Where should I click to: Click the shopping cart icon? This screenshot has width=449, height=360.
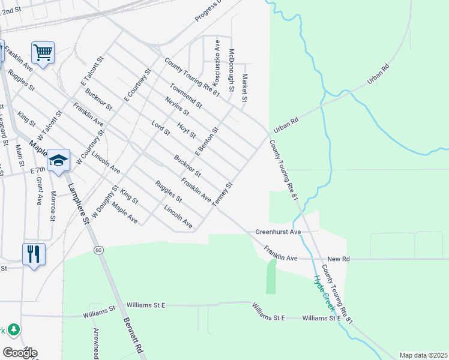(43, 52)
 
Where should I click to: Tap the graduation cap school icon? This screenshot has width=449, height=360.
(59, 160)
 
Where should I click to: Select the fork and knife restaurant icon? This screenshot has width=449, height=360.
(34, 254)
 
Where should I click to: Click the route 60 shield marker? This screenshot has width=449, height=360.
(98, 249)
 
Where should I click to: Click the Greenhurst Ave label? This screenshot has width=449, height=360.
(278, 231)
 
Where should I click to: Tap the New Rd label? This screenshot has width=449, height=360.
(338, 259)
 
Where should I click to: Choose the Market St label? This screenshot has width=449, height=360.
(244, 87)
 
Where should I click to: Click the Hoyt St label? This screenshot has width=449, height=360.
(183, 130)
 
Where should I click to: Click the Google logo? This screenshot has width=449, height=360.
(20, 353)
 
